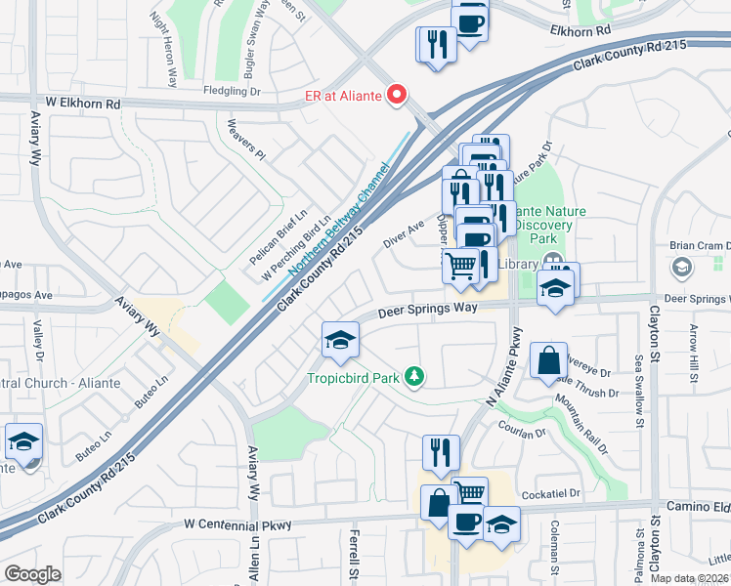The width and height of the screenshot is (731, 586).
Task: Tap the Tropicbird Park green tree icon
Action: [x=415, y=376]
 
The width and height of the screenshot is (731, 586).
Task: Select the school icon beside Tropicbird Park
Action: [x=340, y=341]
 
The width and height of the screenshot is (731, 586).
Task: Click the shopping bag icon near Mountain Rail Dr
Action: [x=549, y=360]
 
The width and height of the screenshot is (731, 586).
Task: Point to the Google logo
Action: [x=32, y=574]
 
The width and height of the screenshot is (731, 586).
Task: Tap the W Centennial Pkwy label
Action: [x=238, y=525]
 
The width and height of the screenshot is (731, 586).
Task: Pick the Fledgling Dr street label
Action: [x=232, y=91]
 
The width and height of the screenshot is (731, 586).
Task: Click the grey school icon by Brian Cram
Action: [x=681, y=266]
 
